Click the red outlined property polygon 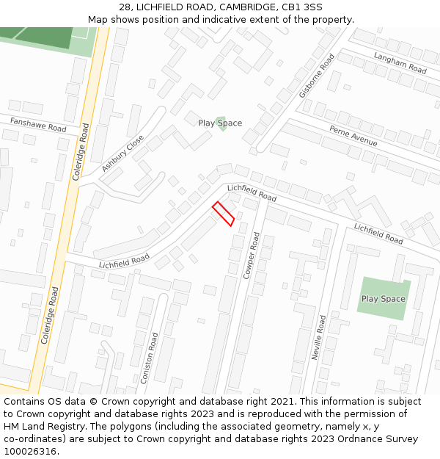pos(223,214)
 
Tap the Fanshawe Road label pos(38,124)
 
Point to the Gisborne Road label pos(317,76)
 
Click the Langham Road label pos(400,63)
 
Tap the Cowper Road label pos(252,255)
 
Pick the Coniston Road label pos(150,358)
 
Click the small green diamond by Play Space pos(221,123)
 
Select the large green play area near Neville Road pos(383,298)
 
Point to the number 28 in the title pos(125,7)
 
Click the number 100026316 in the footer pos(30,451)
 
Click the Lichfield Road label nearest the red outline pos(251,193)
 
